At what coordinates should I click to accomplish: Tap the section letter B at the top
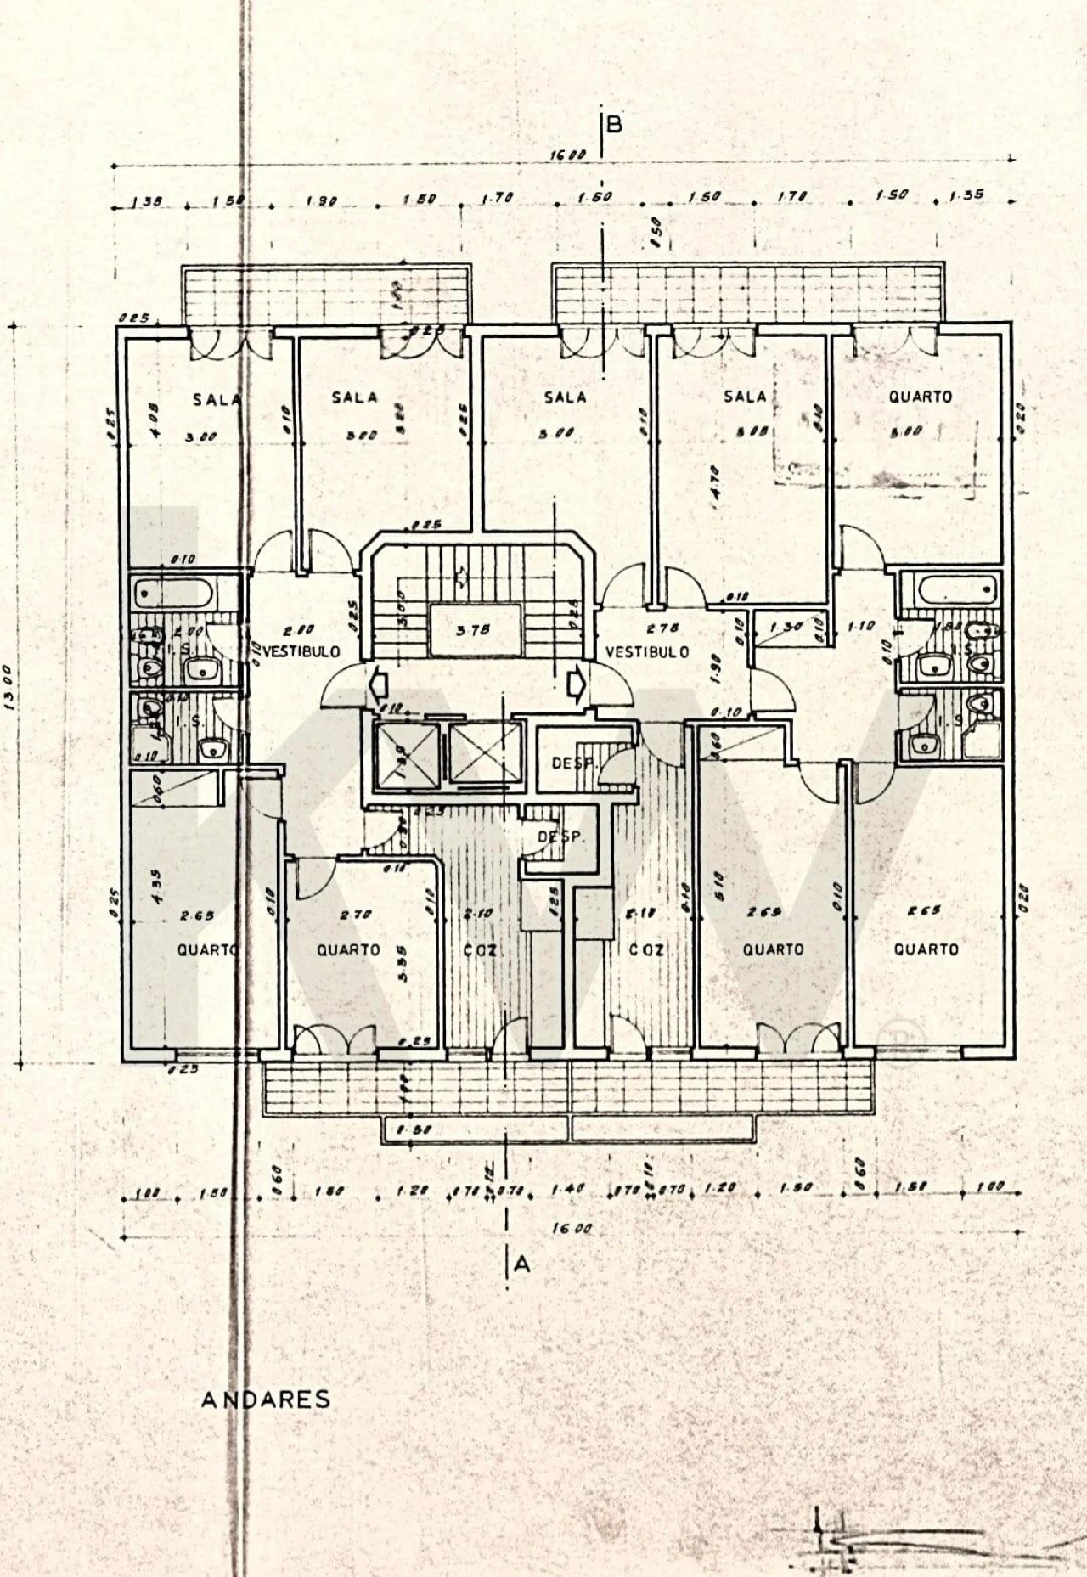tap(615, 126)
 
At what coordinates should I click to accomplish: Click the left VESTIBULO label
tap(301, 652)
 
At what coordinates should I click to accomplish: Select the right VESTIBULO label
tap(645, 652)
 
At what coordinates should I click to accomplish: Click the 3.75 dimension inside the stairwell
tap(473, 631)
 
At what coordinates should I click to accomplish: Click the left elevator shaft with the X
tap(403, 753)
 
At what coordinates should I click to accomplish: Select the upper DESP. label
tap(572, 763)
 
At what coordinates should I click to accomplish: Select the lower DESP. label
tap(561, 836)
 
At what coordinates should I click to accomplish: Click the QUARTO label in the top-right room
tap(920, 397)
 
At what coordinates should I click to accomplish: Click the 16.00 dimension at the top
tap(567, 155)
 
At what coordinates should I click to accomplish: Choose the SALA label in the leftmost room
tap(217, 399)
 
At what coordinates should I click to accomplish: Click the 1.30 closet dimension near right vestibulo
tap(786, 628)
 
